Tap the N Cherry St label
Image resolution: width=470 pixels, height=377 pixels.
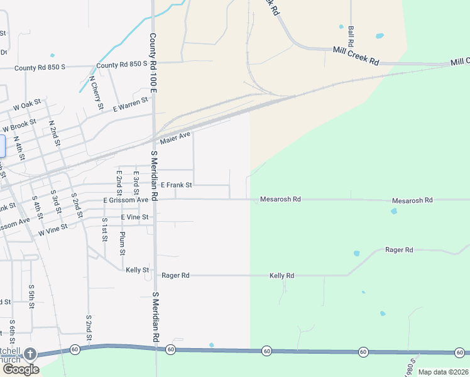click(x=96, y=93)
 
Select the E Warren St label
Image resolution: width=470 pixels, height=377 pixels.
click(x=130, y=104)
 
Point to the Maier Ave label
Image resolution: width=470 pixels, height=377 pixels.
click(x=175, y=138)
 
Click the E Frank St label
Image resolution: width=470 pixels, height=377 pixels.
click(x=177, y=185)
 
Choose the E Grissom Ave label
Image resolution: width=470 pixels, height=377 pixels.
click(x=126, y=200)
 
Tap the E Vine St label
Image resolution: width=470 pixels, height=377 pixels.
click(x=134, y=217)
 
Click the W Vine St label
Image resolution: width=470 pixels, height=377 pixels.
click(x=53, y=231)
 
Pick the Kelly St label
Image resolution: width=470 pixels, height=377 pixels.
click(x=137, y=270)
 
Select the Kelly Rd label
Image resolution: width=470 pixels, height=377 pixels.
click(x=281, y=276)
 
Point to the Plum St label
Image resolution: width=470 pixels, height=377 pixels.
click(x=122, y=243)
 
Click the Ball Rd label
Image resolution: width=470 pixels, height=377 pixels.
click(x=351, y=36)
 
